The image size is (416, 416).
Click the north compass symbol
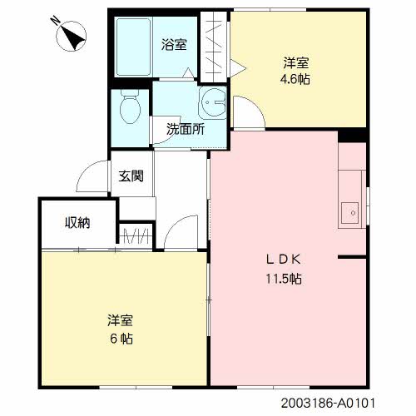pyautogui.click(x=71, y=37)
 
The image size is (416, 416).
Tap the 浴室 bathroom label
pyautogui.click(x=174, y=44)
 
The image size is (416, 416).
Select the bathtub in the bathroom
pyautogui.click(x=133, y=47)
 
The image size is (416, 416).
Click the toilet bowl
pyautogui.click(x=130, y=107)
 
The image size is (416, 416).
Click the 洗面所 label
pyautogui.click(x=186, y=129)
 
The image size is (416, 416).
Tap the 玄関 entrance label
pyautogui.click(x=131, y=176)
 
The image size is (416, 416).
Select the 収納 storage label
pyautogui.click(x=77, y=222)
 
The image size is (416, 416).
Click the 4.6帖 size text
pyautogui.click(x=295, y=79)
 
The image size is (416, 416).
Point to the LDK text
pyautogui.click(x=284, y=260)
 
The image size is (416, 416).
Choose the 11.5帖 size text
pyautogui.click(x=284, y=279)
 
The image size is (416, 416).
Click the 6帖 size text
pyautogui.click(x=121, y=339)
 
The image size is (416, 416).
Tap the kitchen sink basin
pyautogui.click(x=349, y=213)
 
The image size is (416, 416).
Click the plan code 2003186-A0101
pyautogui.click(x=328, y=403)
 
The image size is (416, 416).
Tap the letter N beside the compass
pyautogui.click(x=55, y=21)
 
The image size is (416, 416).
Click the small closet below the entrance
pyautogui.click(x=136, y=235)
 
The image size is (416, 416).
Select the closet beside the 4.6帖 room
pyautogui.click(x=214, y=47)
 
